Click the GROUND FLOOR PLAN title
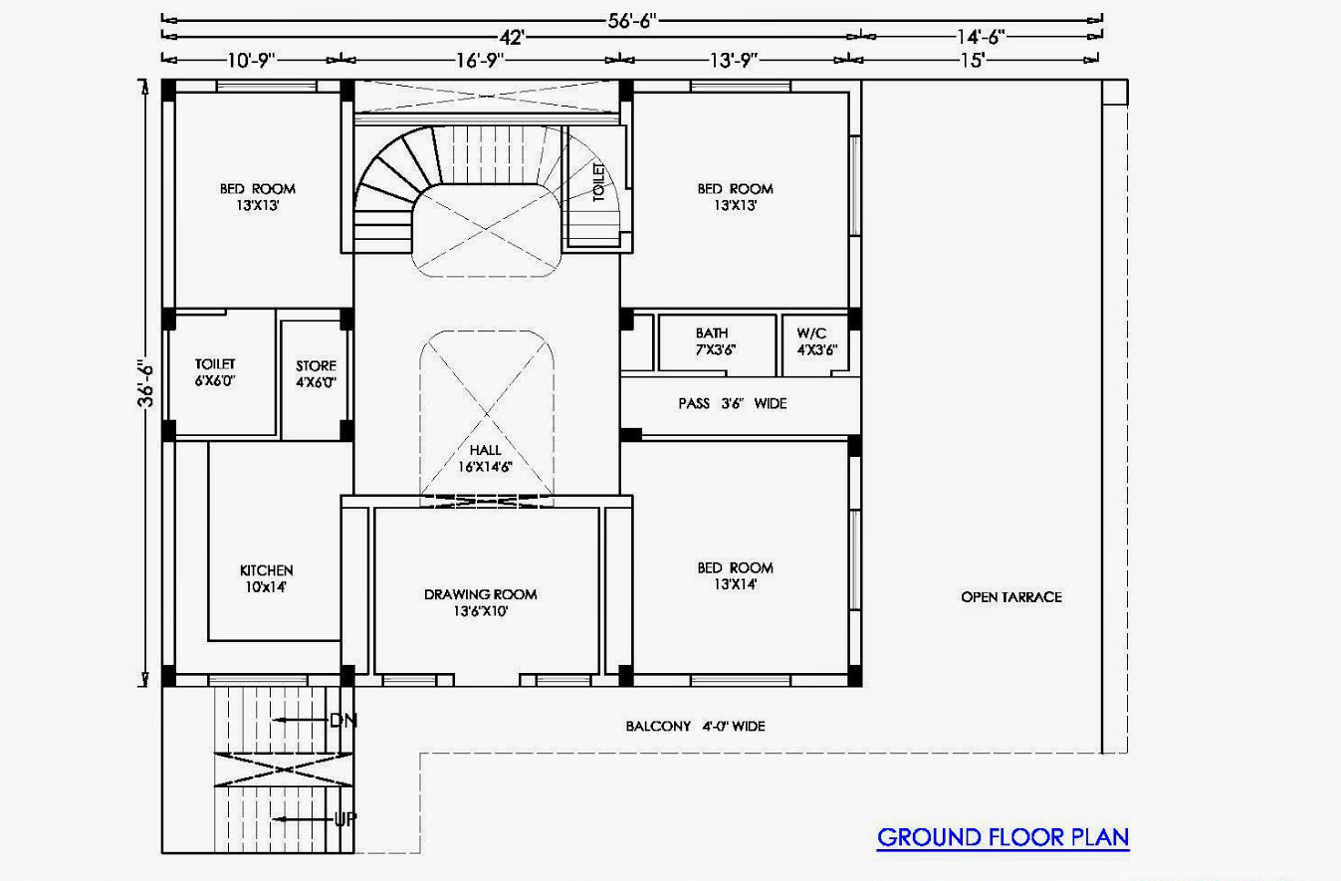[x=1003, y=837]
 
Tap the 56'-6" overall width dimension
[x=632, y=21]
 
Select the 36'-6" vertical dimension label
[x=145, y=383]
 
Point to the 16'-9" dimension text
[x=480, y=60]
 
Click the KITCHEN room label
[x=267, y=578]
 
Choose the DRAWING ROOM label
[x=480, y=602]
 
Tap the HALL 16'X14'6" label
[x=485, y=459]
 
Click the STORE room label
[x=317, y=374]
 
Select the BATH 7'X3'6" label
[x=715, y=341]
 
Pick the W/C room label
[x=816, y=341]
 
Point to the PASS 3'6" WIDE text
[x=732, y=404]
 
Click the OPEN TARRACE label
[x=1011, y=596]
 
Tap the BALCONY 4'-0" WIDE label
[x=695, y=726]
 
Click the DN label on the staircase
[x=343, y=721]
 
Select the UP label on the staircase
[x=344, y=818]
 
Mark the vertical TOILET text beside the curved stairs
[x=598, y=182]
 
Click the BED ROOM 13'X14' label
[x=735, y=575]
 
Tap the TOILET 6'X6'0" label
[x=215, y=372]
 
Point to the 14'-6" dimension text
[x=980, y=37]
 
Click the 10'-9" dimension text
[x=251, y=60]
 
